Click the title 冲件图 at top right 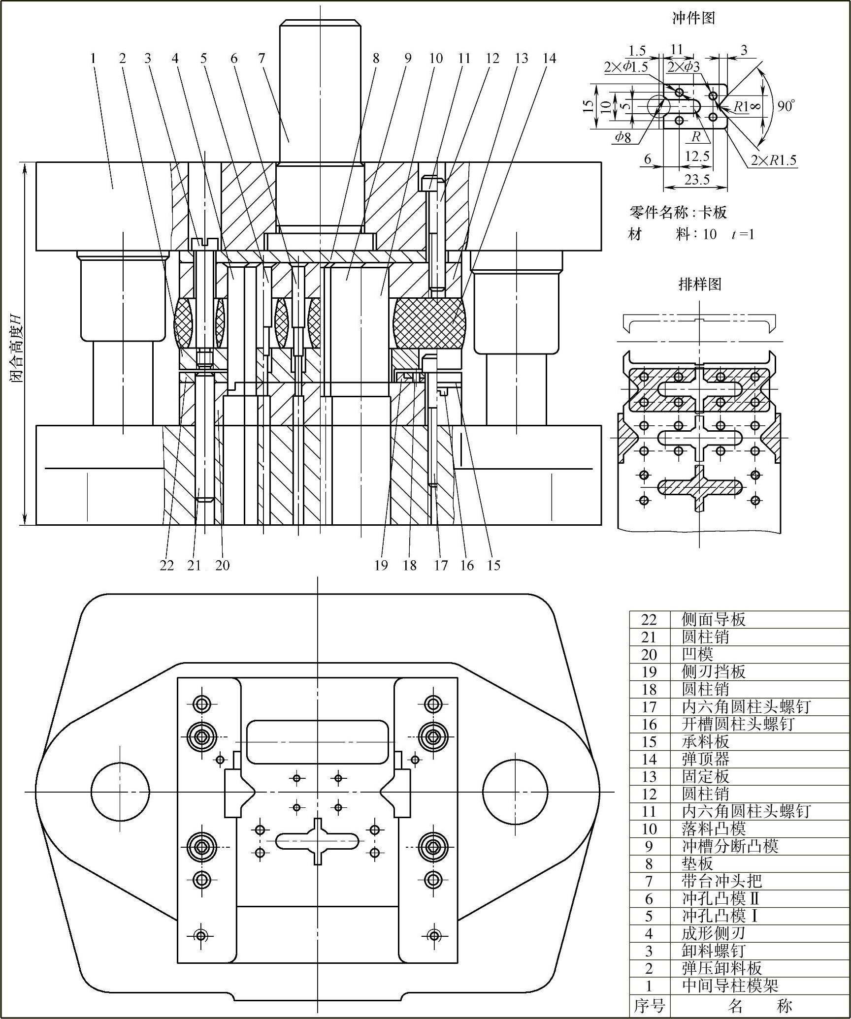coord(693,19)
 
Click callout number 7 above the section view coord(262,59)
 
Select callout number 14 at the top coord(549,59)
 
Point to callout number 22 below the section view coord(167,565)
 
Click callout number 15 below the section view coord(494,565)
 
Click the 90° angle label coord(786,105)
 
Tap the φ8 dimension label coord(622,137)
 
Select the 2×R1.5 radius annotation coord(773,160)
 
